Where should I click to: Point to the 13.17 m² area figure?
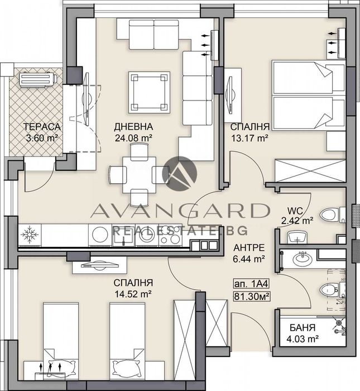point(249,137)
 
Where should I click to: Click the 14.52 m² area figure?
point(133,293)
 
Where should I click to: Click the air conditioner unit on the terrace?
point(39,80)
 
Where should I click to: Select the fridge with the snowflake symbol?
point(28,236)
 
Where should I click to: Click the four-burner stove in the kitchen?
point(171,236)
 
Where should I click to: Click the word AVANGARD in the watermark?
point(179,211)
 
